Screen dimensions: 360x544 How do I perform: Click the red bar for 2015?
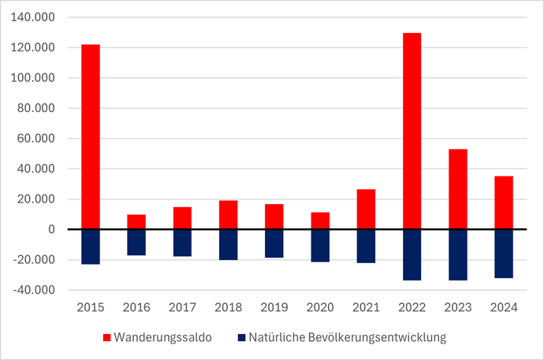tap(91, 137)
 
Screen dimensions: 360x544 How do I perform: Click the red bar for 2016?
tap(136, 221)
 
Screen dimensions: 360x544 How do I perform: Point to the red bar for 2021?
tap(366, 210)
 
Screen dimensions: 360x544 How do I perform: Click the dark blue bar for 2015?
tap(91, 247)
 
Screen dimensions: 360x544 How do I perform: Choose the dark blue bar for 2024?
tap(503, 254)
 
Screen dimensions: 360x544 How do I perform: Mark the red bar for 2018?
tap(228, 215)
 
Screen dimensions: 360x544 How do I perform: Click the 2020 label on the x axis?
tap(319, 308)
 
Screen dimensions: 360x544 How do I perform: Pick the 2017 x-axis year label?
tap(182, 308)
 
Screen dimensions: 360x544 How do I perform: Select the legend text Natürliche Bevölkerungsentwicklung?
tap(347, 338)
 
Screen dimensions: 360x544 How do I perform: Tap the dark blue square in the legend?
tap(241, 338)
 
